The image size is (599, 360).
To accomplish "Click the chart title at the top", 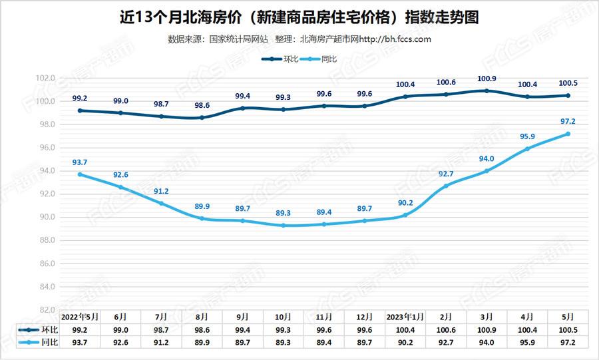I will pyautogui.click(x=299, y=17).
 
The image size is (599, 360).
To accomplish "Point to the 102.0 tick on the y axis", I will pyautogui.click(x=45, y=79).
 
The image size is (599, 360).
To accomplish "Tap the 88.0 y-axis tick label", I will pyautogui.click(x=45, y=240).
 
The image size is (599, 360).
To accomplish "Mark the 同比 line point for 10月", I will pyautogui.click(x=284, y=226).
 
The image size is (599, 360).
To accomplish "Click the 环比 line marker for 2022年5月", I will pyautogui.click(x=80, y=110).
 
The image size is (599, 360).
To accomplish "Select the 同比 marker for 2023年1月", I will pyautogui.click(x=405, y=215).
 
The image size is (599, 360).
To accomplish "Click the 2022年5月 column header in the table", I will pyautogui.click(x=80, y=317).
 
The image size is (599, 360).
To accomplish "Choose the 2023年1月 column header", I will pyautogui.click(x=405, y=317).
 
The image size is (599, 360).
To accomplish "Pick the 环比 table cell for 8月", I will pyautogui.click(x=202, y=329).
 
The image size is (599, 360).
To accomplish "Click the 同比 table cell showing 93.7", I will pyautogui.click(x=80, y=342).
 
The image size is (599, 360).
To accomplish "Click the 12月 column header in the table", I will pyautogui.click(x=365, y=317).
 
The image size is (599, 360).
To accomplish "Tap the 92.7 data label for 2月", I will pyautogui.click(x=446, y=174).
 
